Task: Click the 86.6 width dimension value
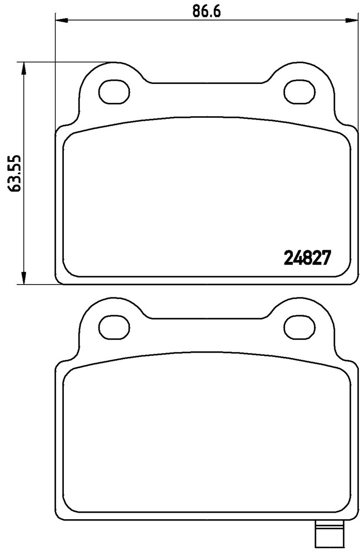point(207,11)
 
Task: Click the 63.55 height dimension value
point(15,173)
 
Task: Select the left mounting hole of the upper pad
point(114,92)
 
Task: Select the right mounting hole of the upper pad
point(300,92)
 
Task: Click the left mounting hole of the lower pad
point(114,327)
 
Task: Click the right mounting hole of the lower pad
point(300,327)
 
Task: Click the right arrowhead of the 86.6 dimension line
point(352,20)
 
